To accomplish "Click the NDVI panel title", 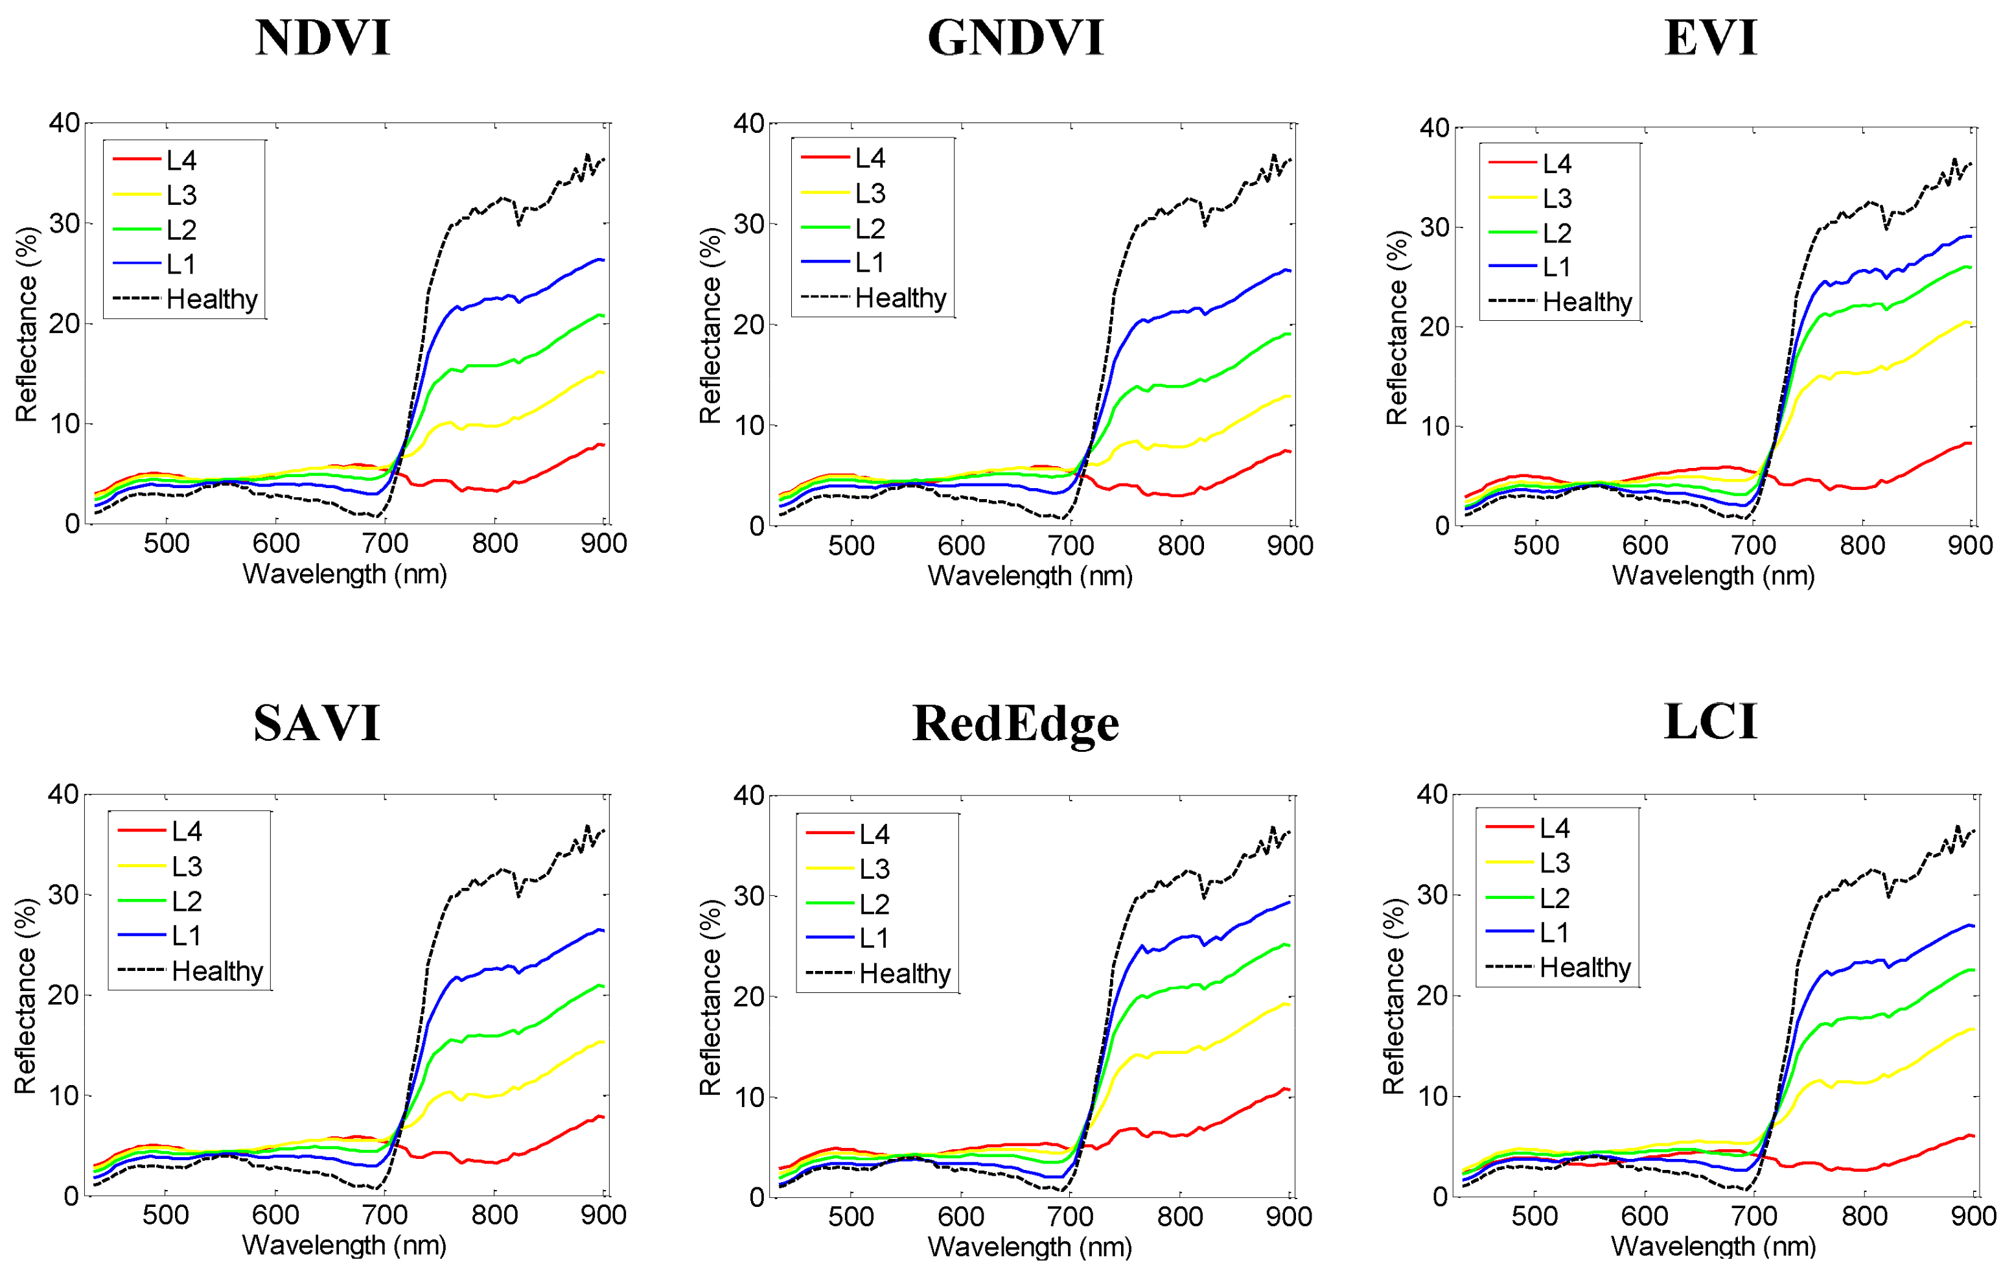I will pos(323,38).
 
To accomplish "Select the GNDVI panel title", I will pos(1015,38).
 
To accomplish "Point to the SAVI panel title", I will pos(317,723).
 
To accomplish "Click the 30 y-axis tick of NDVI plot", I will pos(64,224).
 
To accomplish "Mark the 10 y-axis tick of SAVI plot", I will pos(64,1095).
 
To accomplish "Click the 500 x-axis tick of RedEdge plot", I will pos(851,1217).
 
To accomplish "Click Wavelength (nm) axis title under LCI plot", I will pos(1713,1246).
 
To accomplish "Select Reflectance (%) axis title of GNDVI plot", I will pos(710,325).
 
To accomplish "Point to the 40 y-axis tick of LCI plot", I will pos(1432,795).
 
